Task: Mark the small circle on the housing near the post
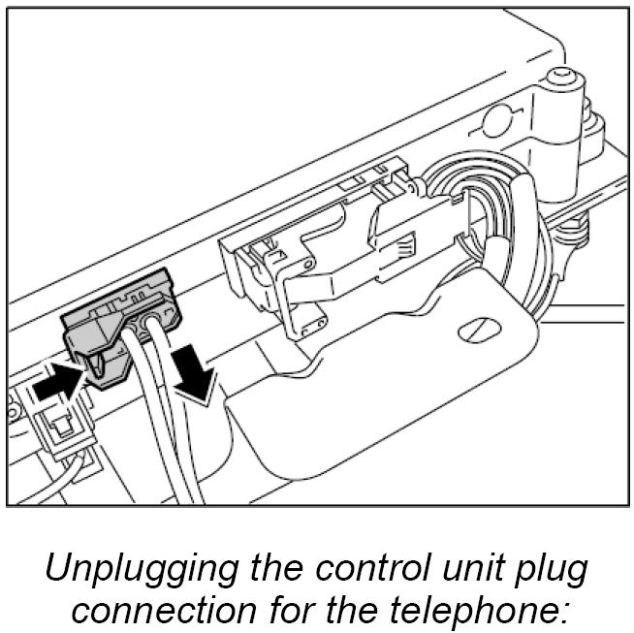(497, 121)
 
